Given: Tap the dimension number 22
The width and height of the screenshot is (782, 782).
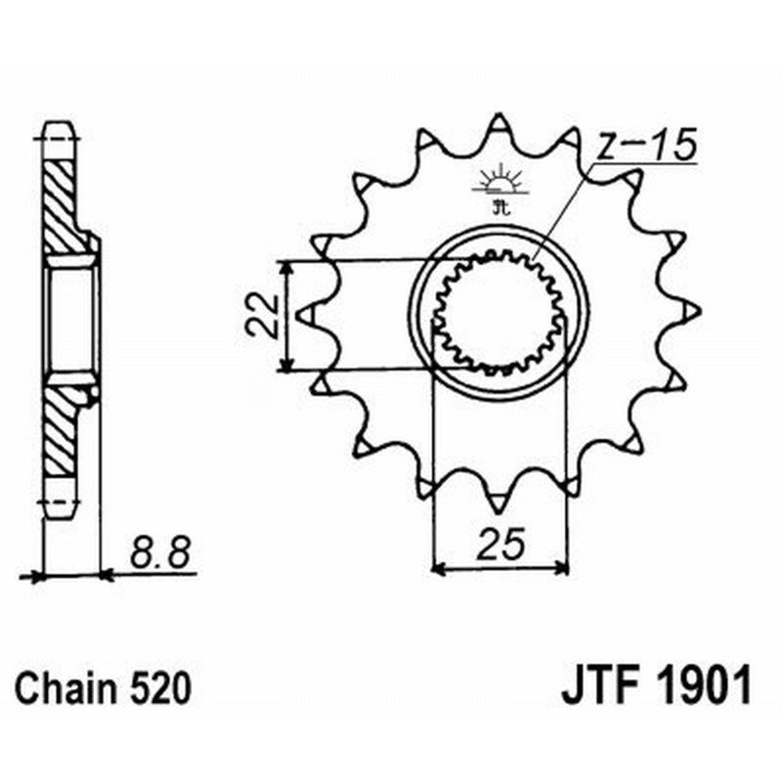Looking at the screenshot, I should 259,316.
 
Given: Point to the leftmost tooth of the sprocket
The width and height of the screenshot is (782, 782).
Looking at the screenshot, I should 305,315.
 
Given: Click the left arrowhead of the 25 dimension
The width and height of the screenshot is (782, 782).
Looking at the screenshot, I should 437,566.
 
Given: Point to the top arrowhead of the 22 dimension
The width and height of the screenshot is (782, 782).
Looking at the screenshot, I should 285,265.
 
